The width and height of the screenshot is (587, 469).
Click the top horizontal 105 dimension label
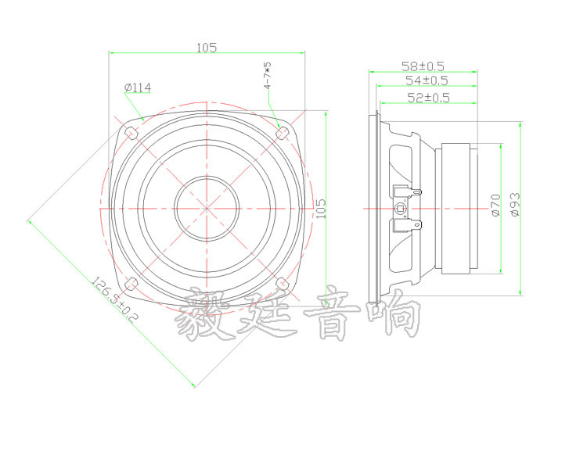click(x=207, y=47)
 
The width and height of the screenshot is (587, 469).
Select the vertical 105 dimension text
click(x=319, y=209)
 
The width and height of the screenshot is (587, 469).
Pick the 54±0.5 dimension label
click(x=426, y=81)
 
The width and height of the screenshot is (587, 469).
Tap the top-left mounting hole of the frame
click(x=131, y=134)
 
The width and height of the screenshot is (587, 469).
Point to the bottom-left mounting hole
click(x=131, y=282)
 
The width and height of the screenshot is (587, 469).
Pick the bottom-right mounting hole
click(x=283, y=282)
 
